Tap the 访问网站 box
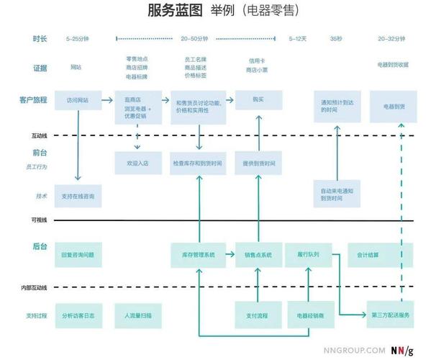tap(78, 100)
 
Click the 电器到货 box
tap(391, 105)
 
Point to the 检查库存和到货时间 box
tap(196, 163)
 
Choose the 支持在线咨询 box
tap(78, 196)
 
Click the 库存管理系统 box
tap(196, 254)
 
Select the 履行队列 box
tap(308, 254)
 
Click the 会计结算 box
tap(368, 254)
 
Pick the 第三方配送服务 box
tap(391, 315)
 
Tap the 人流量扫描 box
tap(137, 315)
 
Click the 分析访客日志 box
tap(78, 315)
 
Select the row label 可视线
tap(39, 220)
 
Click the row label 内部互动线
tap(35, 288)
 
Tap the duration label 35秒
tap(336, 38)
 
